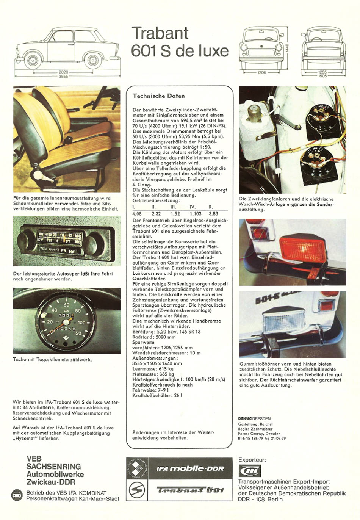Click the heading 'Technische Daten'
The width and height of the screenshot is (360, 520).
(x=158, y=96)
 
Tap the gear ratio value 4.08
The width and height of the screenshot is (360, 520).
(x=137, y=214)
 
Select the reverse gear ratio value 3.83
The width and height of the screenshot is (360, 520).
(x=213, y=214)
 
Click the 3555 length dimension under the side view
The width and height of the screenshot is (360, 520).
(x=63, y=76)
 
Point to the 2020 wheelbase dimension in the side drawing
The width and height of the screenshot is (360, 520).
(x=63, y=72)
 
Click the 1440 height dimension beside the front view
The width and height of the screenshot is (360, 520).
(x=287, y=48)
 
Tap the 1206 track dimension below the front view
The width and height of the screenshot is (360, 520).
(x=261, y=72)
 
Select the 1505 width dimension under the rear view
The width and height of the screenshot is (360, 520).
(x=322, y=76)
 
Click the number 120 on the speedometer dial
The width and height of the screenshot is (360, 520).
(x=78, y=334)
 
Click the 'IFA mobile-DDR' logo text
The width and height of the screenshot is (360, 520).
(x=190, y=468)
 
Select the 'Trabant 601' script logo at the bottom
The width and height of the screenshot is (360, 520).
(x=190, y=490)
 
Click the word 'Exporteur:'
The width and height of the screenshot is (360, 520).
(x=252, y=460)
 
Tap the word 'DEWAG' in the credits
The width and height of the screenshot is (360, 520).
(x=244, y=418)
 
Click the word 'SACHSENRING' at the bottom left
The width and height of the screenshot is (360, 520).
(x=53, y=466)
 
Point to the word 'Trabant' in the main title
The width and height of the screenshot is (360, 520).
(x=160, y=33)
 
